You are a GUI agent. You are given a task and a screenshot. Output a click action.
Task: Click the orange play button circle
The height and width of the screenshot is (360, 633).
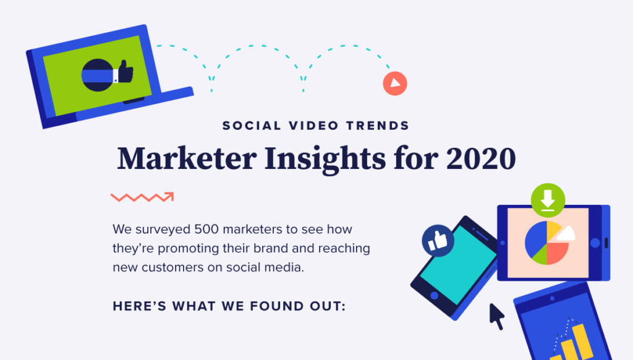pyautogui.click(x=395, y=84)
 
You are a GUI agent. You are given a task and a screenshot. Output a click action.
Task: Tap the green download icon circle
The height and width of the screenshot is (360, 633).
pyautogui.click(x=548, y=200)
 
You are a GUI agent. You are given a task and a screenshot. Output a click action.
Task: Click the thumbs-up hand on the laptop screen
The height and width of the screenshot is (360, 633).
pyautogui.click(x=125, y=72)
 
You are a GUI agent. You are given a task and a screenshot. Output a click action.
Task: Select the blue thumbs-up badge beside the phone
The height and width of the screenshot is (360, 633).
pyautogui.click(x=438, y=241)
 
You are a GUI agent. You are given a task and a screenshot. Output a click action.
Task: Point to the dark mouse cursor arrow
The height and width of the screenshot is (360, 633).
pyautogui.click(x=497, y=316)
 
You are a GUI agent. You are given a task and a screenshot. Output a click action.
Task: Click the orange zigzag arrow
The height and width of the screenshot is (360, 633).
pyautogui.click(x=142, y=197)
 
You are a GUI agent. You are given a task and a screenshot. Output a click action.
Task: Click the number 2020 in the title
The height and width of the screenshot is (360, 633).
pyautogui.click(x=481, y=158)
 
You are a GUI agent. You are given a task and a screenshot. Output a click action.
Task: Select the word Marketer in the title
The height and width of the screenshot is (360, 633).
pyautogui.click(x=187, y=158)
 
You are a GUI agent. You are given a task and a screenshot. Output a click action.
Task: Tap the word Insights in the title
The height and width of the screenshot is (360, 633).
pyautogui.click(x=325, y=159)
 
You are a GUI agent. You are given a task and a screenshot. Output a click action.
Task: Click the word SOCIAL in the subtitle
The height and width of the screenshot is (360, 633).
pyautogui.click(x=252, y=126)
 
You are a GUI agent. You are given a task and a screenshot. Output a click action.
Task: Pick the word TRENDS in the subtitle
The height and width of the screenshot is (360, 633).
pyautogui.click(x=378, y=126)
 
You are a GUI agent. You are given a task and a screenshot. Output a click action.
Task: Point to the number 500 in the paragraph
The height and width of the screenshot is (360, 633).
pyautogui.click(x=206, y=229)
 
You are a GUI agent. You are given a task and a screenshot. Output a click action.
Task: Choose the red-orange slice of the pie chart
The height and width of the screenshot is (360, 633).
pyautogui.click(x=557, y=254)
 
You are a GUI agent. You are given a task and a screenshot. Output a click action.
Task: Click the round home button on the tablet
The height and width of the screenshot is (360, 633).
pyautogui.click(x=595, y=243)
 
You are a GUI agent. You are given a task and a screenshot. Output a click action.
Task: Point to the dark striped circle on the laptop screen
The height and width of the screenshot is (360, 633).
pyautogui.click(x=98, y=75)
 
